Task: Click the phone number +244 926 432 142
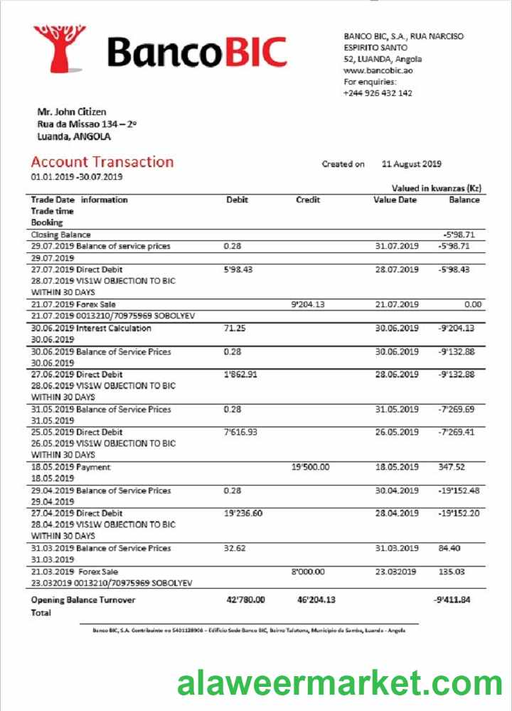[378, 93]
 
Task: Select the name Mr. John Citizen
[71, 112]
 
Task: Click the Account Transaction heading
[102, 162]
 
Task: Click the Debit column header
[237, 200]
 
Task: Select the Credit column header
[308, 200]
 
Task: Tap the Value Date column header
[395, 200]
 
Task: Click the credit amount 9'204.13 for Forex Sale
[308, 305]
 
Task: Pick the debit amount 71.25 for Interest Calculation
[234, 328]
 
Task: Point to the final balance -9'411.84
[452, 600]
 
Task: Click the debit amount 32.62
[234, 548]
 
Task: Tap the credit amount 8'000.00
[308, 572]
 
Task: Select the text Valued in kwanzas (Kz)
[437, 188]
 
